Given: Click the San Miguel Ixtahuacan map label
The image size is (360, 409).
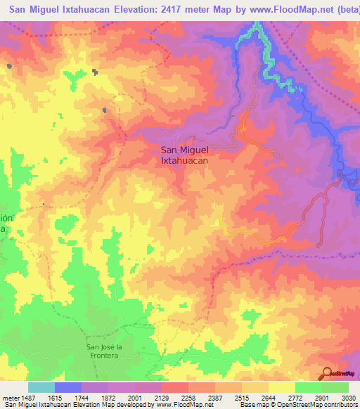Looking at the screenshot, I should pos(185,155).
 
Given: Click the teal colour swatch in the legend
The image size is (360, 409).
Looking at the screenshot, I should pos(41,388).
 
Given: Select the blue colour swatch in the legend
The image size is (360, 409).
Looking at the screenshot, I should pos(68,388).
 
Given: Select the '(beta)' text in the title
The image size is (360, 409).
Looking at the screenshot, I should pos(342,10).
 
